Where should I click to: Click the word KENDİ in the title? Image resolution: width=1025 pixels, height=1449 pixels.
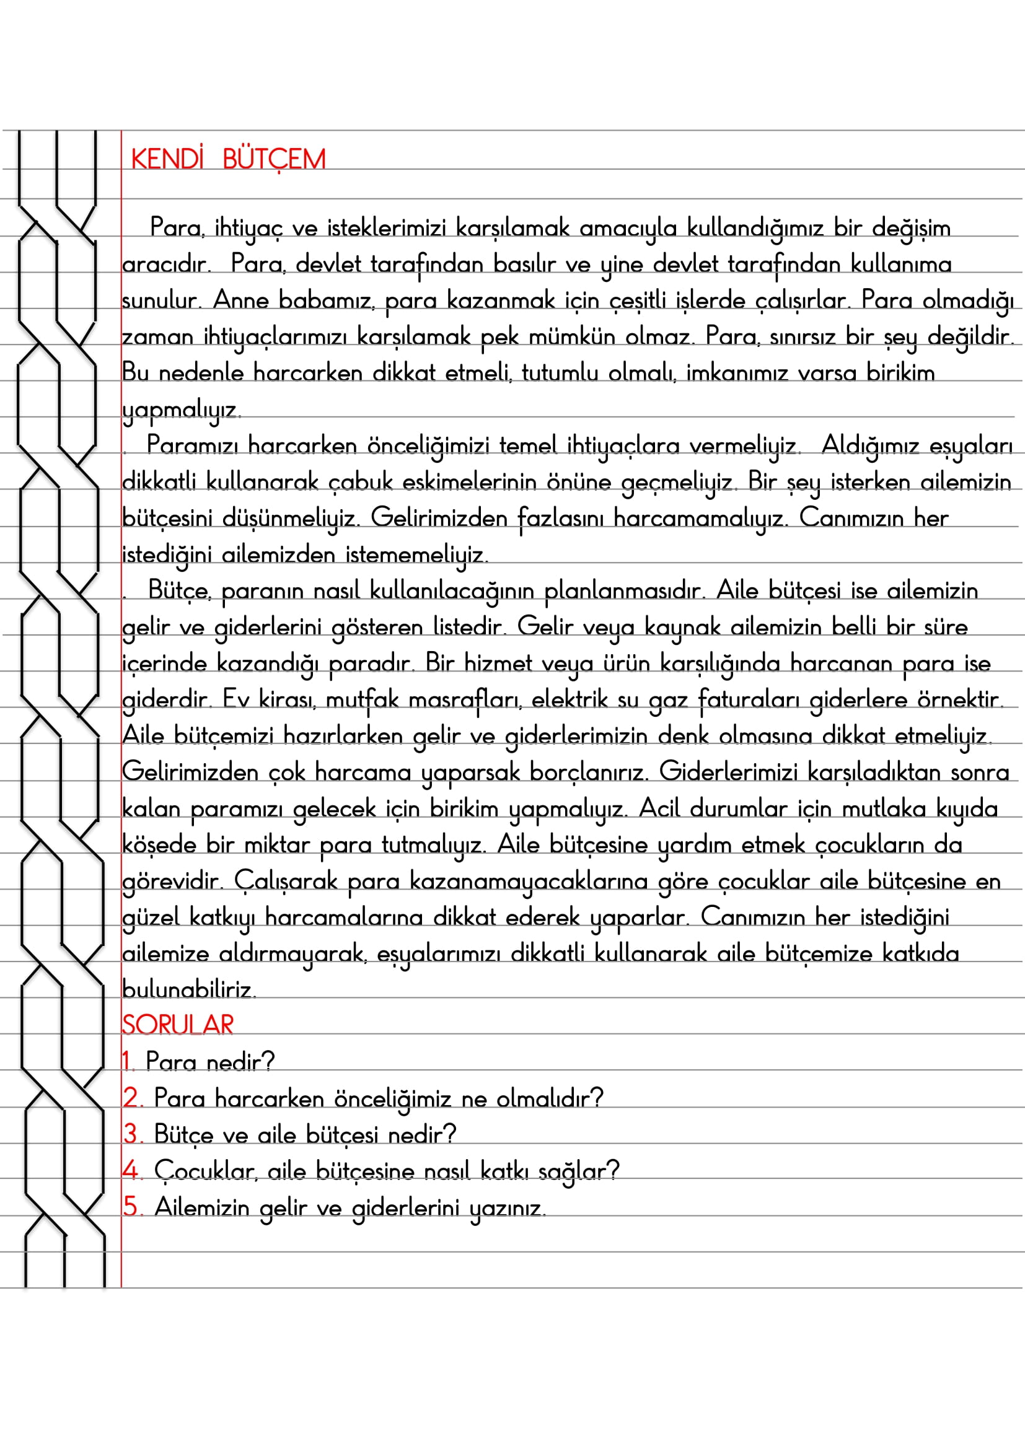[x=167, y=159]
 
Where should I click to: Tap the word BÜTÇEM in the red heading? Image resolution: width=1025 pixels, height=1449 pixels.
[x=274, y=159]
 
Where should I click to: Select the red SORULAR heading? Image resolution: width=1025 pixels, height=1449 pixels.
[x=177, y=1024]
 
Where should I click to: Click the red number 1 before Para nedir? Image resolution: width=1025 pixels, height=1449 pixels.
[x=127, y=1062]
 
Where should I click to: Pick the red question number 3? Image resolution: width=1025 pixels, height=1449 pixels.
[x=131, y=1134]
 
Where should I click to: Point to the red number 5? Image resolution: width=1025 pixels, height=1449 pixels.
[x=131, y=1207]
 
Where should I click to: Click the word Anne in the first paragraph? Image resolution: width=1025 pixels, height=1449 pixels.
[x=240, y=300]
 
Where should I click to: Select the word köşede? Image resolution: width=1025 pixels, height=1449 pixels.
[x=159, y=844]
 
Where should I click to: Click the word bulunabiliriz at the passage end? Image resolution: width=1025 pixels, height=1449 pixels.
[x=188, y=989]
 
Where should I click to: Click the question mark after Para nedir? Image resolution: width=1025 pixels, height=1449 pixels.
[x=269, y=1062]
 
